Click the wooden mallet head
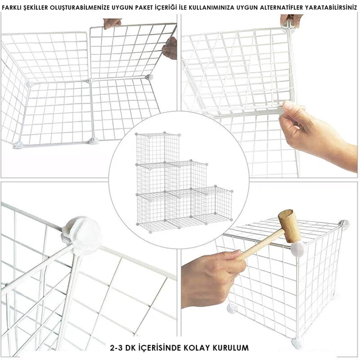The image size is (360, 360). pyautogui.click(x=288, y=226)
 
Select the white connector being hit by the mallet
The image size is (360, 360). pyautogui.click(x=297, y=249)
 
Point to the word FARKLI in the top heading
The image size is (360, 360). pyautogui.click(x=10, y=7)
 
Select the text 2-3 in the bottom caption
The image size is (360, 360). pyautogui.click(x=116, y=348)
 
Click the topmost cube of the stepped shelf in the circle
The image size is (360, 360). pyautogui.click(x=157, y=149)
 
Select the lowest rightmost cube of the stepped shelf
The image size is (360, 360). pyautogui.click(x=212, y=204)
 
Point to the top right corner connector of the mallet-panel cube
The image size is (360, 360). pyautogui.click(x=344, y=223)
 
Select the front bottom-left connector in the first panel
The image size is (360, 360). pyautogui.click(x=18, y=145)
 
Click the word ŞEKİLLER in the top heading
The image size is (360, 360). pyautogui.click(x=35, y=7)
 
